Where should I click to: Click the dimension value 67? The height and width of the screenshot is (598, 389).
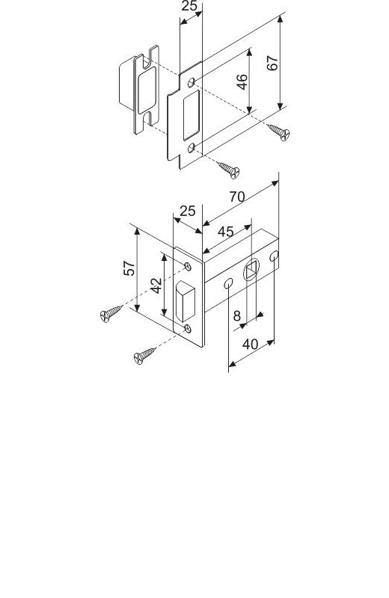tap(272, 63)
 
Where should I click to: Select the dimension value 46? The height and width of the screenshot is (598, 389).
tap(242, 82)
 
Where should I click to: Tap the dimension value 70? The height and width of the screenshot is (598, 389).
tap(237, 197)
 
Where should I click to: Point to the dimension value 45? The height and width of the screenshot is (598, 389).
tap(226, 231)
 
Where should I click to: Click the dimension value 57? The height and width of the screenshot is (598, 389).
tap(129, 268)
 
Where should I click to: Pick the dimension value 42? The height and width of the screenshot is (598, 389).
tap(156, 286)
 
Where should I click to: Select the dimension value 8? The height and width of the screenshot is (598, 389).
tap(237, 315)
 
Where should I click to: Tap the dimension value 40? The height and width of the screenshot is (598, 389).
tap(251, 345)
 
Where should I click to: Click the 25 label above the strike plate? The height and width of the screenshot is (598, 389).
tap(189, 6)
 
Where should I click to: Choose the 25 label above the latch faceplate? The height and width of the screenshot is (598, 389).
tap(188, 211)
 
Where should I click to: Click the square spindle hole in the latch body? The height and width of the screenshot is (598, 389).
tap(252, 271)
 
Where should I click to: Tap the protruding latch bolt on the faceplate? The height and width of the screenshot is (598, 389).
tap(185, 301)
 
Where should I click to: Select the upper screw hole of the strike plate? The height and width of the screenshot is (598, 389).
tap(192, 82)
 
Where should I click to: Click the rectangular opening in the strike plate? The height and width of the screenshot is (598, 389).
tap(192, 115)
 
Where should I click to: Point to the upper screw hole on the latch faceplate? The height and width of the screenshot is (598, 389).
tap(188, 267)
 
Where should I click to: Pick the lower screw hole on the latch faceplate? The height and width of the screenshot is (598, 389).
tap(188, 328)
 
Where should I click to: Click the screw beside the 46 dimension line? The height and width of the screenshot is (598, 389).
tap(279, 132)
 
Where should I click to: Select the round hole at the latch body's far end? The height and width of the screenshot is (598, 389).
tap(274, 256)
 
